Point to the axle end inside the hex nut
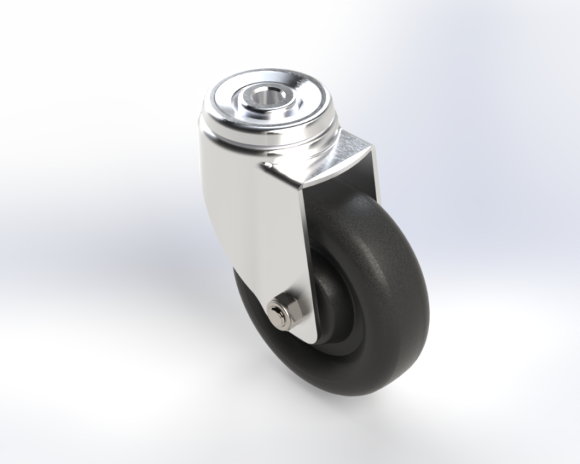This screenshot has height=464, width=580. (x=275, y=312)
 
